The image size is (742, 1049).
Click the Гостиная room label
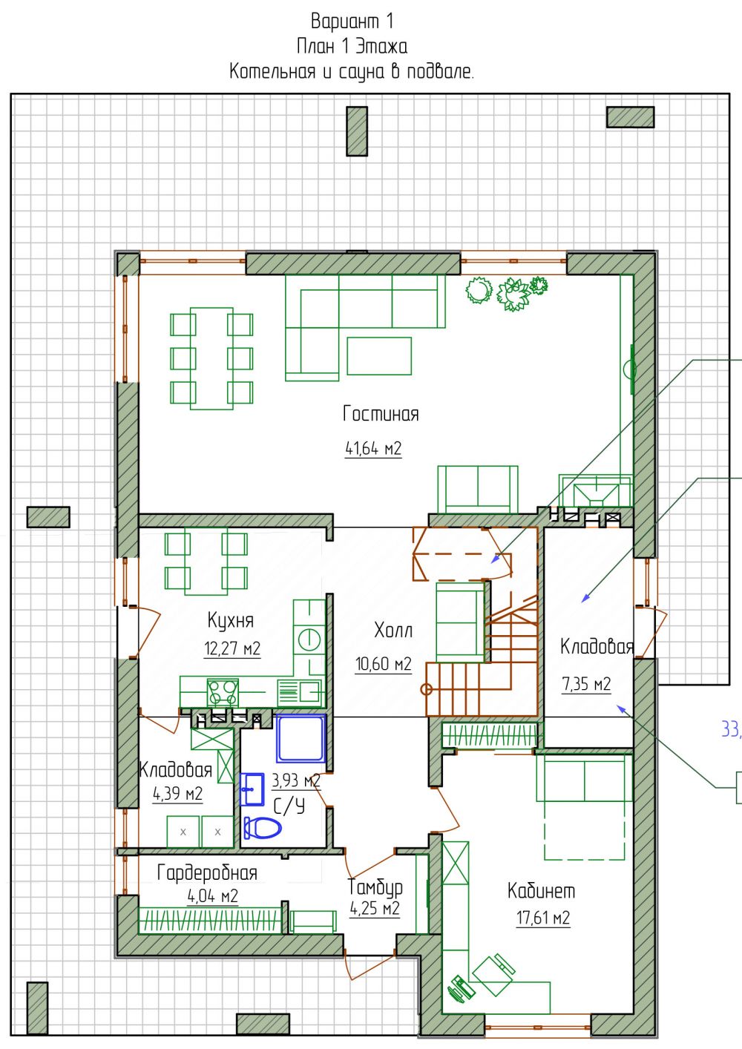pyautogui.click(x=381, y=414)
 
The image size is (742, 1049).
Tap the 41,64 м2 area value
pyautogui.click(x=373, y=449)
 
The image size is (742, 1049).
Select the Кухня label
pyautogui.click(x=231, y=621)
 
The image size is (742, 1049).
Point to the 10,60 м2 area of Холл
pyautogui.click(x=383, y=663)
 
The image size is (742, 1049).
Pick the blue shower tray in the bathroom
pyautogui.click(x=301, y=738)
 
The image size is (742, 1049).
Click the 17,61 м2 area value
pyautogui.click(x=543, y=918)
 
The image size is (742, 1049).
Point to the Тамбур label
pyautogui.click(x=375, y=887)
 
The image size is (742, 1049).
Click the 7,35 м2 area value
pyautogui.click(x=586, y=684)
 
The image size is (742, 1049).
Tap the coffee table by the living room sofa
pyautogui.click(x=379, y=356)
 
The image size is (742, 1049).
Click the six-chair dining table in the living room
pyautogui.click(x=211, y=358)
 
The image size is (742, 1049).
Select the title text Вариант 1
pyautogui.click(x=352, y=22)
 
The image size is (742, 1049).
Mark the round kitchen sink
pyautogui.click(x=309, y=639)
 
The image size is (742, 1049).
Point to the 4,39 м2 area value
pyautogui.click(x=177, y=794)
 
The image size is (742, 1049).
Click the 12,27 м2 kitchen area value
pyautogui.click(x=232, y=648)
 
